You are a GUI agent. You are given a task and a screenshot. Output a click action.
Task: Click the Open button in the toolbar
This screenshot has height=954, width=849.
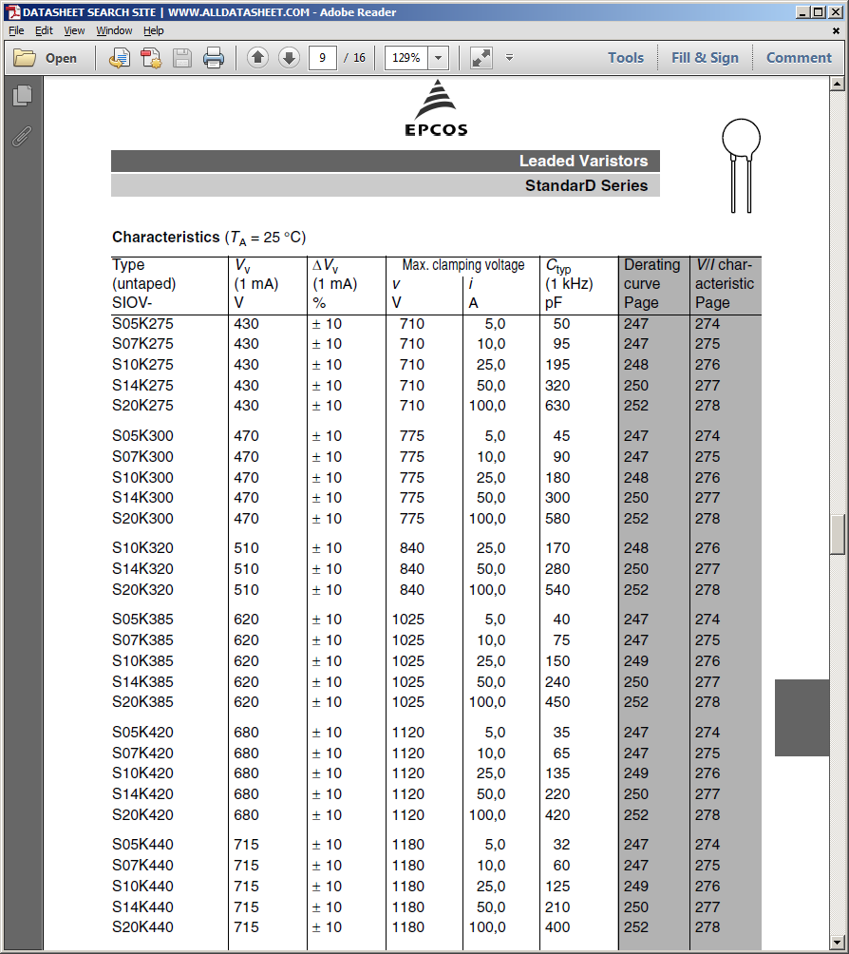[x=46, y=58]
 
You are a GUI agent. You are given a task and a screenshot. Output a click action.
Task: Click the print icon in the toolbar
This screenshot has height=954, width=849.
[x=214, y=58]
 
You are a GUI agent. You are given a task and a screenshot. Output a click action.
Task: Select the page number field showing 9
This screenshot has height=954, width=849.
[x=323, y=58]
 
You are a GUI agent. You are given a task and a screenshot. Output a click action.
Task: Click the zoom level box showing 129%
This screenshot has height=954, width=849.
[x=406, y=58]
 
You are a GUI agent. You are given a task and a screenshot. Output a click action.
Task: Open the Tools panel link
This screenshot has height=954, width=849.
[x=626, y=58]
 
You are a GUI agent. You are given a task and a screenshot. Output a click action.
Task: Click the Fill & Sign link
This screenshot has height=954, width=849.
[x=705, y=58]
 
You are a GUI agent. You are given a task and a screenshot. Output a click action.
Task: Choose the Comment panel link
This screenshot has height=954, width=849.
[x=799, y=58]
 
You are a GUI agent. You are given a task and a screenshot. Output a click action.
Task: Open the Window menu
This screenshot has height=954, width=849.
[x=114, y=30]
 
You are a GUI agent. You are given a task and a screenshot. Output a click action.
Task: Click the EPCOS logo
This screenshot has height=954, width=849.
[x=436, y=108]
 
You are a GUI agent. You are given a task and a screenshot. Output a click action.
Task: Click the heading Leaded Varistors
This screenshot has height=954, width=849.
[x=583, y=162]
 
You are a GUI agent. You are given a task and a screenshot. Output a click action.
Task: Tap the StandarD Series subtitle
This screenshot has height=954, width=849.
[x=586, y=186]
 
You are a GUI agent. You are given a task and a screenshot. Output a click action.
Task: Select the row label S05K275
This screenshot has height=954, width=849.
[x=142, y=324]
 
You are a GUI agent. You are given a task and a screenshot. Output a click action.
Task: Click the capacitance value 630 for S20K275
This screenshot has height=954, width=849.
[x=557, y=406]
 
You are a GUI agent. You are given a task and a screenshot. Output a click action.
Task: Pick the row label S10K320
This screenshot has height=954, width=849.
[x=142, y=548]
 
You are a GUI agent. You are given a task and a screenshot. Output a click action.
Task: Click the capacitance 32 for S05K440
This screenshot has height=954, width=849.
[x=561, y=845]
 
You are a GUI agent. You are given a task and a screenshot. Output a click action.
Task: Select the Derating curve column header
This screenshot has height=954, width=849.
[x=652, y=283]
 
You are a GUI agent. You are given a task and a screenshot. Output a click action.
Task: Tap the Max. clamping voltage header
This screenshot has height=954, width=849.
[x=462, y=265]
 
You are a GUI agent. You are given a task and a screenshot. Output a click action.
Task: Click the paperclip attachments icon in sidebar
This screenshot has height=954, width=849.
[x=22, y=136]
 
